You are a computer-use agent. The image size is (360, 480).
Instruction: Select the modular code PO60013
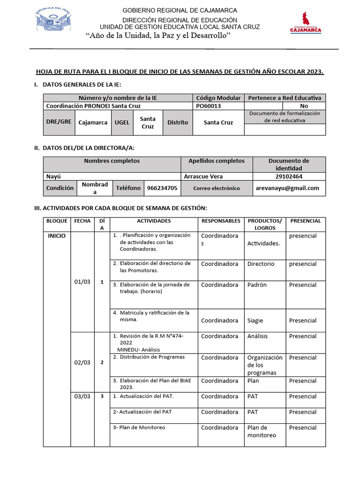tap(208, 106)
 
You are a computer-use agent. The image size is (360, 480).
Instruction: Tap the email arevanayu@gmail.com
tap(287, 188)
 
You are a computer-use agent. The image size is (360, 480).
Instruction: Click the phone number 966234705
tap(162, 188)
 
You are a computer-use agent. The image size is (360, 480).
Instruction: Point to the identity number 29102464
tap(288, 177)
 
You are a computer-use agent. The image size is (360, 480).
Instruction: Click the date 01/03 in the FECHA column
tap(82, 282)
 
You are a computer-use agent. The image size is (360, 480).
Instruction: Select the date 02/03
tap(82, 362)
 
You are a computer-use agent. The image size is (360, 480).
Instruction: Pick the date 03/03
tap(82, 397)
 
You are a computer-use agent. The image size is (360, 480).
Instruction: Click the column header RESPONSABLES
tap(220, 221)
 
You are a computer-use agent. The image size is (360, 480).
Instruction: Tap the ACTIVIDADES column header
tap(154, 221)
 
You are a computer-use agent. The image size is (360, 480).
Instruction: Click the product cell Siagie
tap(255, 321)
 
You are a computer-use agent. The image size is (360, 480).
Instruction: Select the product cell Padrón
tap(257, 285)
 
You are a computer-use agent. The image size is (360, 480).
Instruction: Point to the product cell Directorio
tap(261, 264)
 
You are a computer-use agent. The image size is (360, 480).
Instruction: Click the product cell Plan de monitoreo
tap(262, 431)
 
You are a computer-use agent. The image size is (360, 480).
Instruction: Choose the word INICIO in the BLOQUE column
tap(57, 236)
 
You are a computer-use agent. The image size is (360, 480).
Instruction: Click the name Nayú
tap(53, 177)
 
